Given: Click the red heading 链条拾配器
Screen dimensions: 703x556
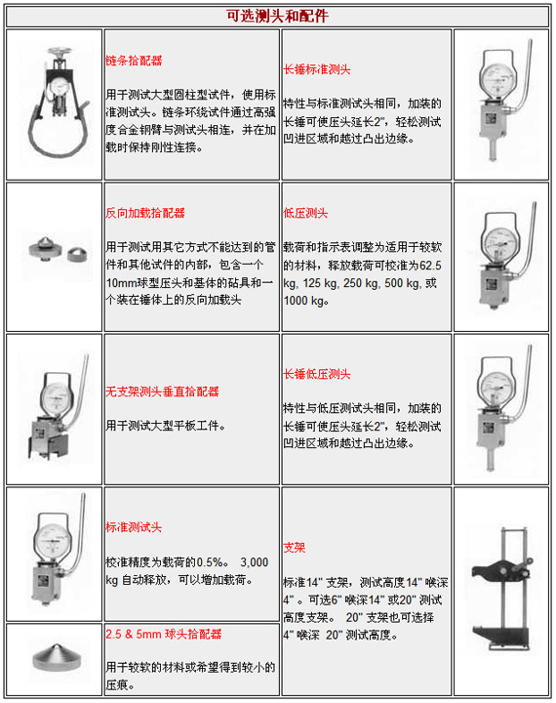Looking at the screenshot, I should click(x=135, y=60).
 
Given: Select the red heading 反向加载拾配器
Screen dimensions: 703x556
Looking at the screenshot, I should click(x=145, y=212).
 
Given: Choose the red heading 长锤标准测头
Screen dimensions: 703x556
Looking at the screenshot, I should click(x=317, y=70).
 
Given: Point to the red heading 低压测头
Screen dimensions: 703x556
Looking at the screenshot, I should click(x=305, y=212).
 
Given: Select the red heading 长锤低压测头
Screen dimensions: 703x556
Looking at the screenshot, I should click(x=317, y=375).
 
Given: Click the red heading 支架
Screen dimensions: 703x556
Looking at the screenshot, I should click(x=294, y=548).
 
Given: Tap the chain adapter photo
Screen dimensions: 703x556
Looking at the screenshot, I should click(x=54, y=104).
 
